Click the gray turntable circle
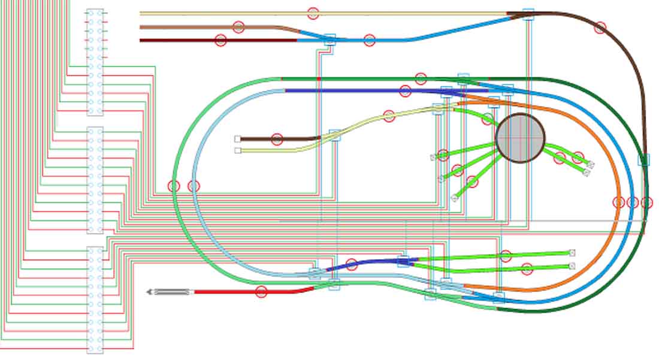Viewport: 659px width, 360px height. tap(521, 138)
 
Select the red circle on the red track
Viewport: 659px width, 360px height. tap(261, 292)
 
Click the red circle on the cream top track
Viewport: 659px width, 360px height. tap(313, 13)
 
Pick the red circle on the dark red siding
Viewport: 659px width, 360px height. tap(220, 40)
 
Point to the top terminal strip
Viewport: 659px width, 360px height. tap(95, 62)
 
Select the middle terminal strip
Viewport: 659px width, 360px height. tap(95, 180)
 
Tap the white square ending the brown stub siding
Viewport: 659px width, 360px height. tap(238, 139)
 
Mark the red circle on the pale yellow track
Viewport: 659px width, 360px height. tap(389, 116)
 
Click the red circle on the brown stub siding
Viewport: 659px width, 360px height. tap(277, 140)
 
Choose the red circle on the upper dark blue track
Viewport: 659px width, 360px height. tap(405, 91)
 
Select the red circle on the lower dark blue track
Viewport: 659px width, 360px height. tap(352, 264)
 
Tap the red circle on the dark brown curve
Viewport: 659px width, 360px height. tap(600, 27)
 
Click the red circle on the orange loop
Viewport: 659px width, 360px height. tap(619, 202)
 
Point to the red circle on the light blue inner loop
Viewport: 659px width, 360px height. tap(194, 186)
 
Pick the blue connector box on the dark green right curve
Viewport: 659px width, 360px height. tap(644, 159)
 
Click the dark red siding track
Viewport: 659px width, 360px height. tap(180, 40)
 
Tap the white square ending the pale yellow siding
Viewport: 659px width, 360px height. tap(238, 150)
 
